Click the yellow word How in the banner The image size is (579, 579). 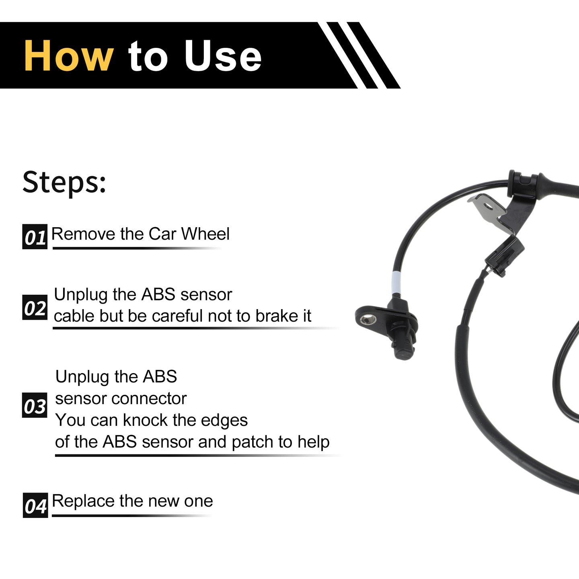(69, 56)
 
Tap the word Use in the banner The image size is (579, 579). (223, 56)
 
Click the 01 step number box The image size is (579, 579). (35, 237)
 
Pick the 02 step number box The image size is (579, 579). (35, 307)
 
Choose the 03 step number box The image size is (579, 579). (35, 405)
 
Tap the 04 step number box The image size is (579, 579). (35, 505)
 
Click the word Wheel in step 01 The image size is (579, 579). (205, 234)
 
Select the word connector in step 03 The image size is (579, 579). (149, 399)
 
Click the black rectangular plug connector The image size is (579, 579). (505, 255)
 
